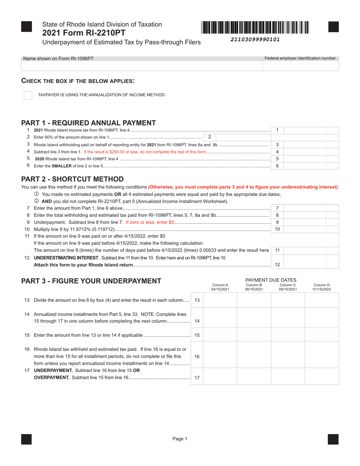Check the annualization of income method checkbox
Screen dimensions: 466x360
[x=28, y=95]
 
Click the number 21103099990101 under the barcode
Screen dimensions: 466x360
[x=255, y=39]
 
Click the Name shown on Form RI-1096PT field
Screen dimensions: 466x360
[x=142, y=66]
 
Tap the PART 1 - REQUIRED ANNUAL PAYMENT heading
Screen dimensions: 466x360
[x=88, y=123]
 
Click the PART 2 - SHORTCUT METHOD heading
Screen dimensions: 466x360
[x=72, y=179]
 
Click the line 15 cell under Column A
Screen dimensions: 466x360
[x=220, y=335]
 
